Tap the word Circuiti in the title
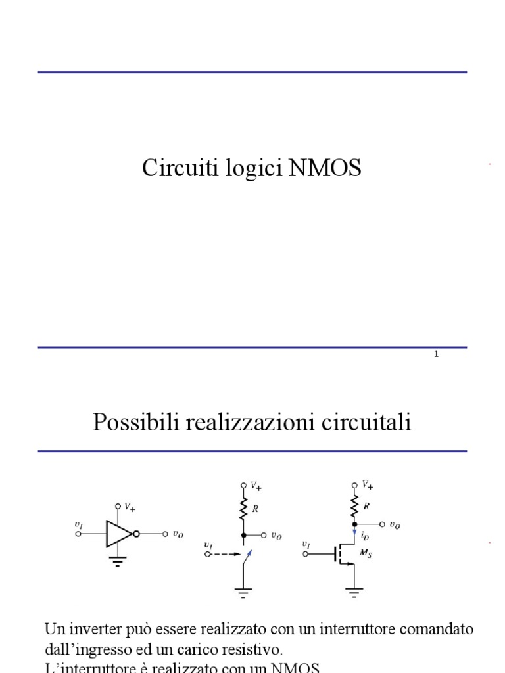point(172,169)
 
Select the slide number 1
point(437,355)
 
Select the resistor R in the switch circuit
point(243,508)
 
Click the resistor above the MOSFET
point(355,507)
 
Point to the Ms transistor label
point(366,555)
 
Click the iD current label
point(365,536)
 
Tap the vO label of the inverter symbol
point(178,534)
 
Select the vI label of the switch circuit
point(208,545)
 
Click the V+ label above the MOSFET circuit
point(368,485)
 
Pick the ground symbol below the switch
point(243,593)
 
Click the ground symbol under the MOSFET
point(355,593)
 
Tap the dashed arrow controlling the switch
point(227,554)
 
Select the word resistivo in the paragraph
point(253,651)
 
